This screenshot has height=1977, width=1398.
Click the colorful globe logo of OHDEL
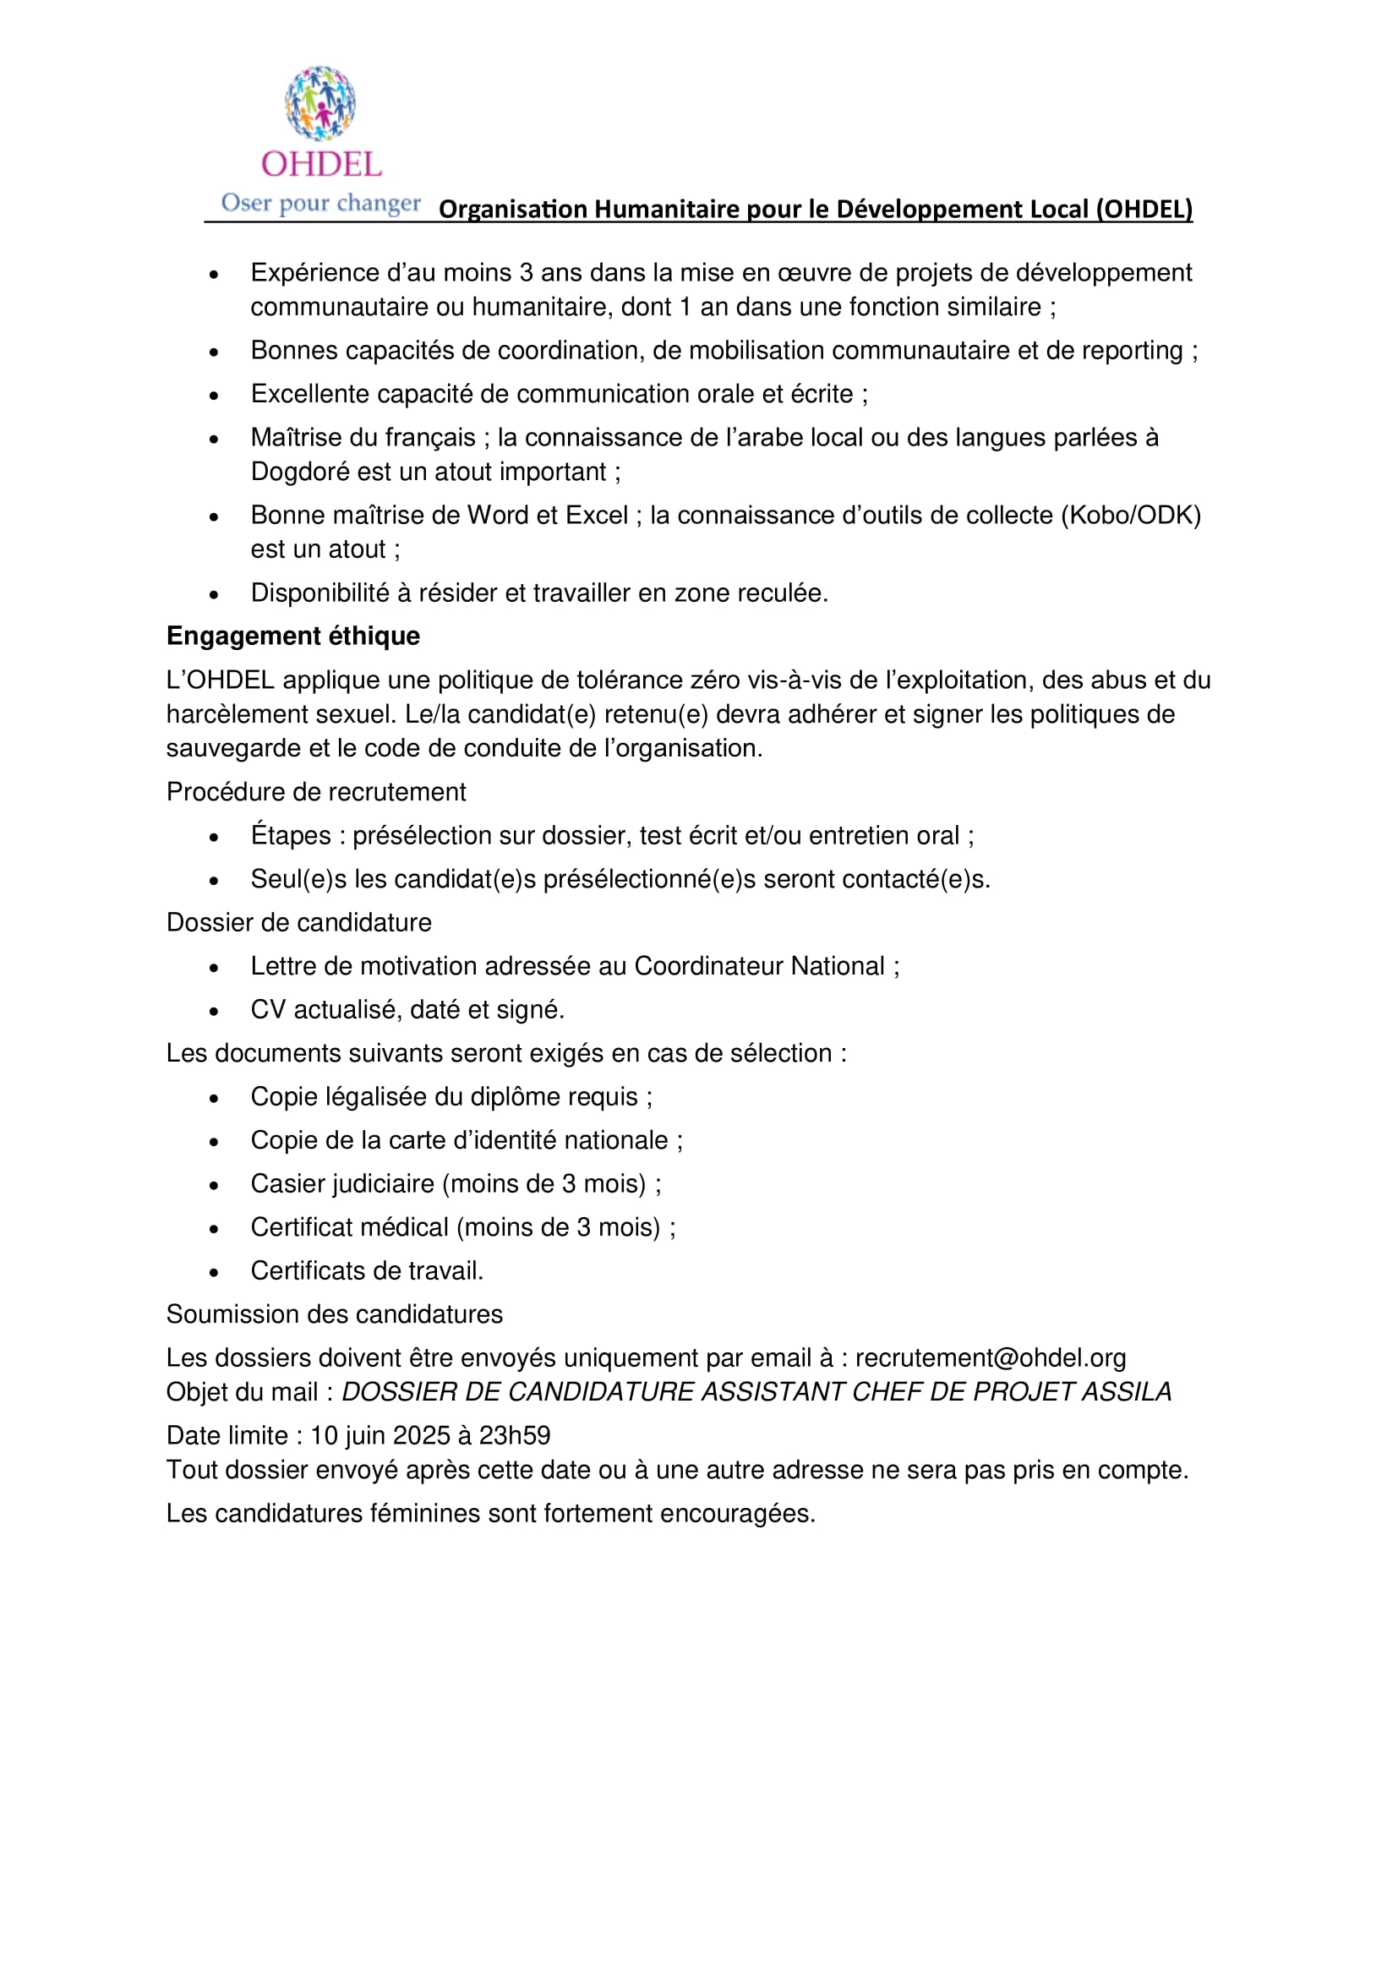click(x=320, y=103)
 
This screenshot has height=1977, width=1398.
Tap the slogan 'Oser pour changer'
click(x=320, y=202)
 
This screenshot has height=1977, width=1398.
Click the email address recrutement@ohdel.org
click(x=990, y=1358)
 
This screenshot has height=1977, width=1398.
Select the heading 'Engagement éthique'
click(x=292, y=636)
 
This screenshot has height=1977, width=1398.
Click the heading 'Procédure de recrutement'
click(x=316, y=792)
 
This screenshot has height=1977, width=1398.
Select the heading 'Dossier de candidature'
click(x=298, y=923)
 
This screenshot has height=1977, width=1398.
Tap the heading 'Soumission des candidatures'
click(x=334, y=1314)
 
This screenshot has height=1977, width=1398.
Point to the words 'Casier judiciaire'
click(x=341, y=1184)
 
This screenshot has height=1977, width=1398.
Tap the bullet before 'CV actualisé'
click(x=214, y=1011)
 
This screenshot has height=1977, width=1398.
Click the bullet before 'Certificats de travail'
click(x=214, y=1272)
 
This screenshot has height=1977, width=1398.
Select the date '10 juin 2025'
click(x=380, y=1435)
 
